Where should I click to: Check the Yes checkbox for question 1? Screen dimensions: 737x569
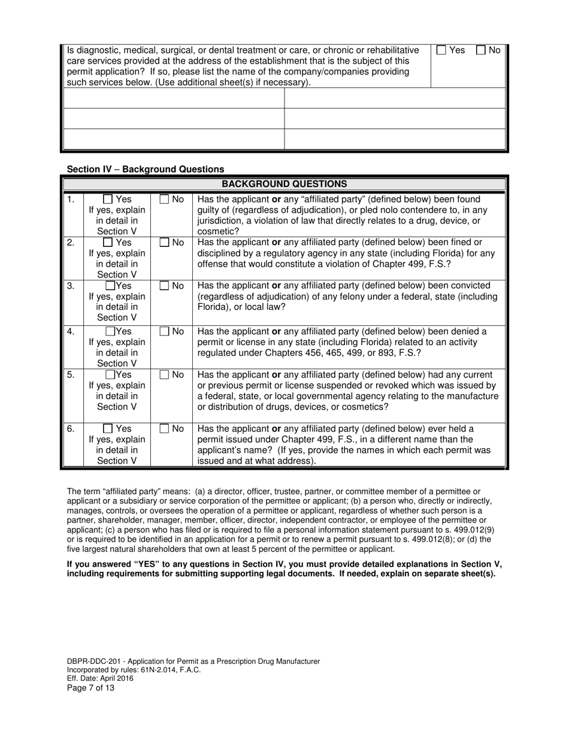click(x=108, y=200)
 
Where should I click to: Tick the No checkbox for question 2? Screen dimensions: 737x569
click(x=165, y=243)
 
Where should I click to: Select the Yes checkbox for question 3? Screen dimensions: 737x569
click(x=111, y=286)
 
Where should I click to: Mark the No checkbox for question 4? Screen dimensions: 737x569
click(x=165, y=331)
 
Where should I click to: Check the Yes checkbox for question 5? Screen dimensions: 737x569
click(x=111, y=375)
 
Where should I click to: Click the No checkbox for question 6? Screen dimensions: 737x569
click(x=165, y=429)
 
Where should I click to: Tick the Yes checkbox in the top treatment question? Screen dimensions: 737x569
click(x=441, y=51)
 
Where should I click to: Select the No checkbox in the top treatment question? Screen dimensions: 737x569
click(x=481, y=51)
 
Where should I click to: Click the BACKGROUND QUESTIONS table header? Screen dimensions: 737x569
click(x=284, y=184)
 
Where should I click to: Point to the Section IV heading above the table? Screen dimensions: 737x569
click(x=146, y=170)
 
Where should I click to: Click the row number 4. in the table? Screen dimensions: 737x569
click(x=71, y=331)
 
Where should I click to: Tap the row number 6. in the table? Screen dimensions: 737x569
click(x=71, y=429)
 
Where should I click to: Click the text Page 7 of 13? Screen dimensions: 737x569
click(x=90, y=688)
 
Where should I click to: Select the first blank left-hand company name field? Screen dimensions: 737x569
click(x=174, y=98)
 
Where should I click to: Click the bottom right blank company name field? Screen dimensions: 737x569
click(x=395, y=138)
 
